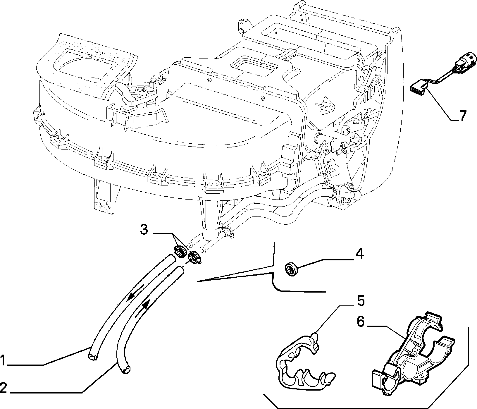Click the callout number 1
click(x=3, y=360)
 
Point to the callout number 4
click(x=359, y=253)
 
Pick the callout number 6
click(x=360, y=322)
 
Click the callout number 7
click(x=462, y=116)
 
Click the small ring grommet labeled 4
click(x=291, y=269)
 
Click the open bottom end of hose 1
click(x=92, y=357)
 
